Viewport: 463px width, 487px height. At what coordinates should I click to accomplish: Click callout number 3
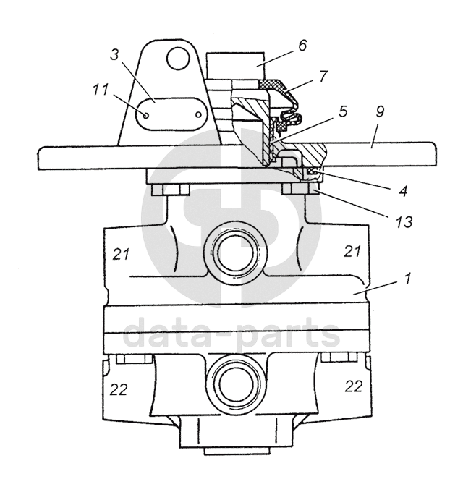click(114, 56)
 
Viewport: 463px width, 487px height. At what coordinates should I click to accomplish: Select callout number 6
click(302, 46)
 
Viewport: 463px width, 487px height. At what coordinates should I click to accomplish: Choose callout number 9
click(381, 112)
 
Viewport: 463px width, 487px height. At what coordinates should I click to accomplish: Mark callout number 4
click(402, 191)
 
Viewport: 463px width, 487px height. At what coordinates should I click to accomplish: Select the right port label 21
click(352, 252)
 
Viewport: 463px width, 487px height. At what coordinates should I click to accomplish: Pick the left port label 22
click(119, 389)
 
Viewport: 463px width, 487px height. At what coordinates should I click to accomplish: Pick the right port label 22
click(353, 386)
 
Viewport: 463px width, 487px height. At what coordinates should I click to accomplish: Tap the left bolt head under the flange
click(171, 190)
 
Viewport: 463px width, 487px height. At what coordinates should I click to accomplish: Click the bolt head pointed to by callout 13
click(297, 190)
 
